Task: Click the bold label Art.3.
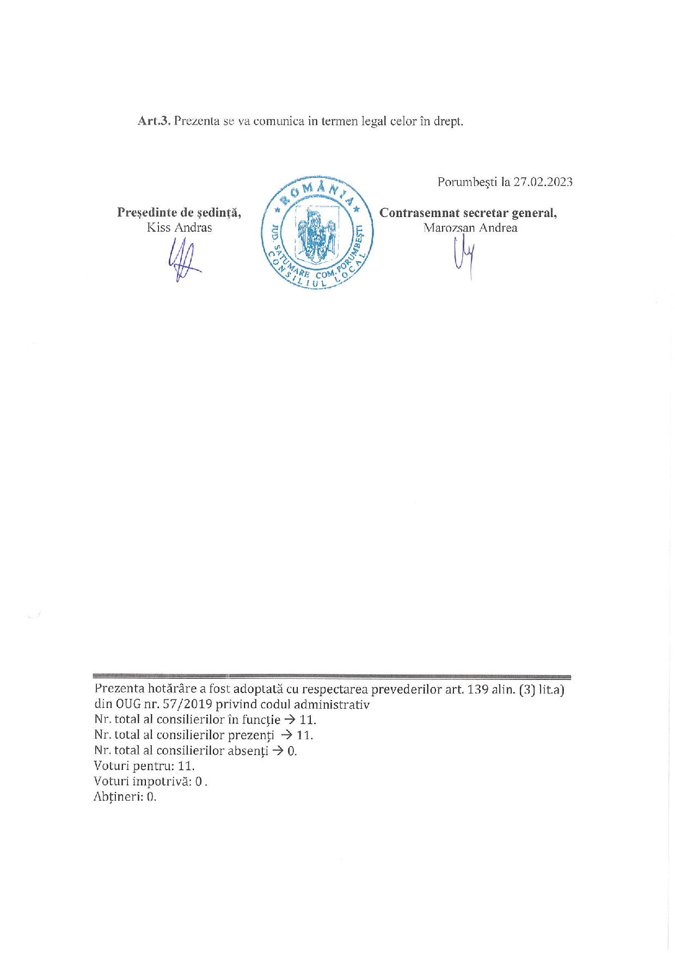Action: coord(155,121)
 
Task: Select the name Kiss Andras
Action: coord(179,228)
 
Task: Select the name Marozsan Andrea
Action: coord(470,228)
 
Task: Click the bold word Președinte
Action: coord(147,213)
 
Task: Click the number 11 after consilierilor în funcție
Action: coord(307,720)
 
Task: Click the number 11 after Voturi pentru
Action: coord(186,766)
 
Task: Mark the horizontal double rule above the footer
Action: coord(332,677)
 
